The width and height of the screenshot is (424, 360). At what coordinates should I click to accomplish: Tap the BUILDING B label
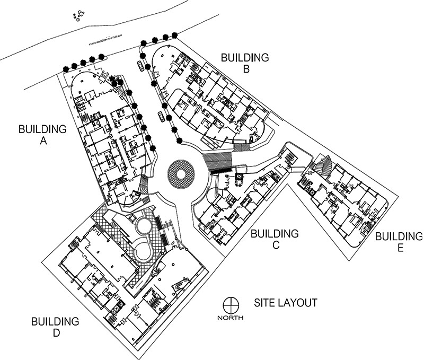click(245, 63)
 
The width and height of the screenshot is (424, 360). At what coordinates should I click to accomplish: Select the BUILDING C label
click(275, 239)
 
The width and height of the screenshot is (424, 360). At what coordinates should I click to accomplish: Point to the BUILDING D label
click(55, 327)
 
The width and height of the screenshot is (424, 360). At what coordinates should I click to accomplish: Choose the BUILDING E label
click(399, 242)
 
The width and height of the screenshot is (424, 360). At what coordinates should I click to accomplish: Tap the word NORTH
click(230, 318)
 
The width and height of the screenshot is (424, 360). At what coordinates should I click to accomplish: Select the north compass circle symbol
click(230, 305)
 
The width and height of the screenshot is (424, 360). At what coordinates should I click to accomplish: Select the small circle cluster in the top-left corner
click(78, 16)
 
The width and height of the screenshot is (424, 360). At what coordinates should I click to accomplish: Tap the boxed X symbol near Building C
click(238, 178)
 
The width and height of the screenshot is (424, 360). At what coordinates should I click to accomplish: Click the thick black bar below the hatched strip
click(221, 171)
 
